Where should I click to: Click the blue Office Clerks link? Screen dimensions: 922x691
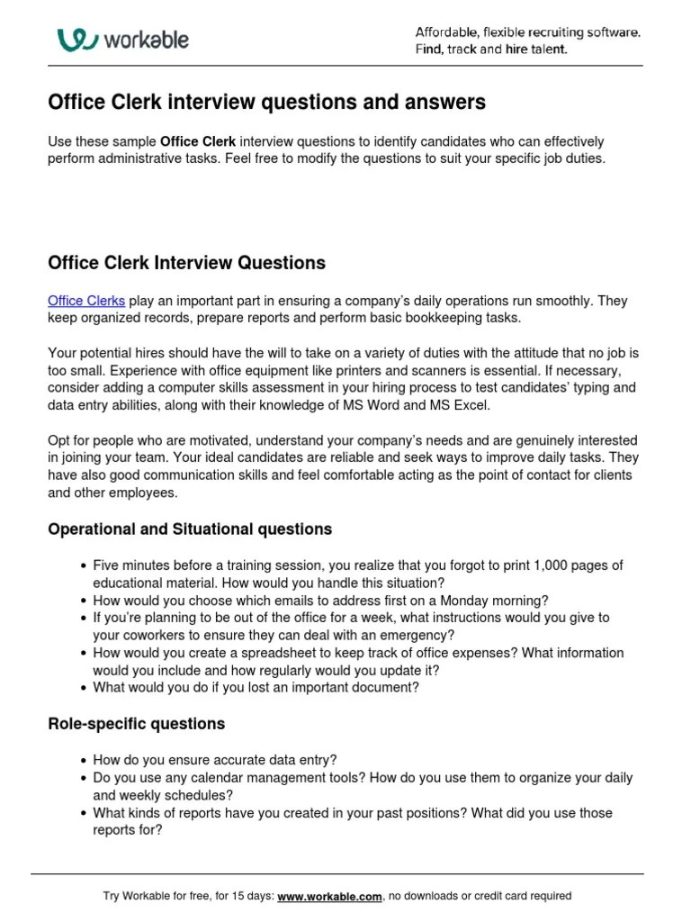pos(85,301)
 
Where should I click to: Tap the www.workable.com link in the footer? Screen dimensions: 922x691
pos(330,896)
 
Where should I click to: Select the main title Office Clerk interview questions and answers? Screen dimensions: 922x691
pos(265,103)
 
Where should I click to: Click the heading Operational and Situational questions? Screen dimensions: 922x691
pos(189,529)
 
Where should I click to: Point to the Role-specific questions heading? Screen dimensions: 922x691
pos(136,724)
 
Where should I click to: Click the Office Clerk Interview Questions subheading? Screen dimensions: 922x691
pos(186,264)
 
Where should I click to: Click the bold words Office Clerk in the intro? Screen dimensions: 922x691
pos(198,142)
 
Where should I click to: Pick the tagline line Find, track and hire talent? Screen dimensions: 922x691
pos(491,50)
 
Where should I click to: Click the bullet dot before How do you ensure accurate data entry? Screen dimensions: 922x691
pos(84,760)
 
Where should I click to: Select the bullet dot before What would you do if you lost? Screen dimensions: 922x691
pos(84,687)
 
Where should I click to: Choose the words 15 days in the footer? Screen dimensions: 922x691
pos(248,896)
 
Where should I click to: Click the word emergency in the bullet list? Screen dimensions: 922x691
pos(374,635)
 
